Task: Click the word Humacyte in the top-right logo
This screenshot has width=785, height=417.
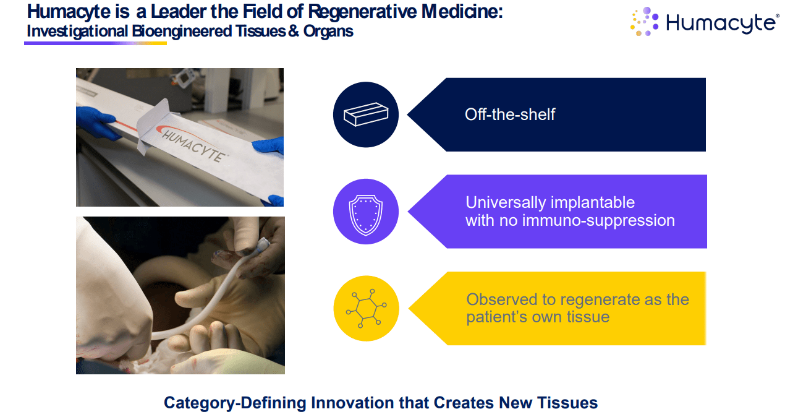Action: (721, 23)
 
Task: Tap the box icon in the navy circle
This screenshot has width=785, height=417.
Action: (366, 114)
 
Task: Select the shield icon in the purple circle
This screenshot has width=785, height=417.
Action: (366, 215)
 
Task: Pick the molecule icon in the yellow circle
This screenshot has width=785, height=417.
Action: (366, 309)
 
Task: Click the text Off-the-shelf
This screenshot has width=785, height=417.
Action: (510, 114)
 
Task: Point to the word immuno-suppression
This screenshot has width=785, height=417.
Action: (598, 221)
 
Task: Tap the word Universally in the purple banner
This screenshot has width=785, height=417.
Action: (506, 203)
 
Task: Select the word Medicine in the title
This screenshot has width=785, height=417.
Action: (462, 12)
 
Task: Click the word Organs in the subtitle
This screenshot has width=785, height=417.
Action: (328, 31)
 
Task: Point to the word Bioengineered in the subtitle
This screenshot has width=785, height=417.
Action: (182, 31)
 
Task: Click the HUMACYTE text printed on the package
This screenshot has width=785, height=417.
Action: (193, 145)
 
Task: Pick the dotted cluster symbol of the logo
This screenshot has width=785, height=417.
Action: (645, 22)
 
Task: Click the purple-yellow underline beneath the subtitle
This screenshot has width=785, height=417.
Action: (95, 43)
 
